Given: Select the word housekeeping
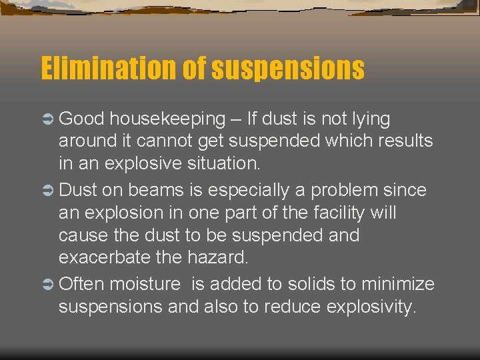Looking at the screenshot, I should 168,119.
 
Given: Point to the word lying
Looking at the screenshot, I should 367,119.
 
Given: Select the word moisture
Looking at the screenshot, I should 145,285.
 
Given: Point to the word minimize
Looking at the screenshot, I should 398,285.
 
